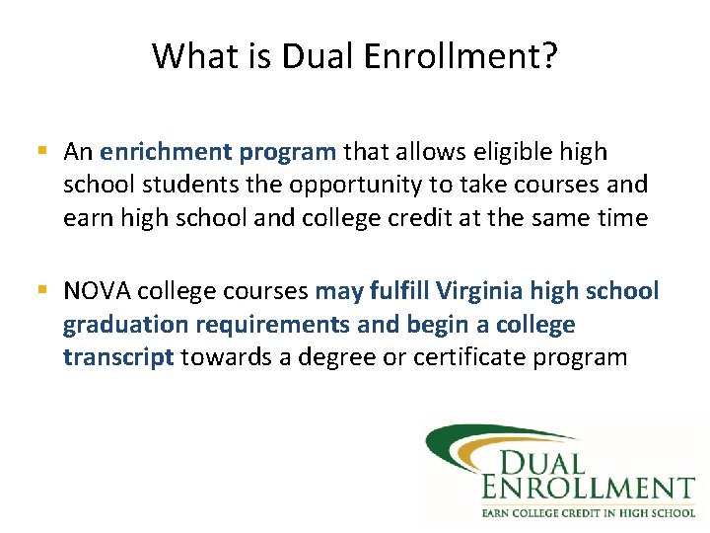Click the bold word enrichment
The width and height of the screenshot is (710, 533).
(165, 152)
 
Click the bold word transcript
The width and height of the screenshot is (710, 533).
(118, 356)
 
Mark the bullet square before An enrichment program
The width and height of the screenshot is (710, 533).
(41, 152)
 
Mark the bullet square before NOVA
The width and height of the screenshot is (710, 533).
(41, 291)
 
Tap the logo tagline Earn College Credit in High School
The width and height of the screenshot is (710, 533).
(588, 511)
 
